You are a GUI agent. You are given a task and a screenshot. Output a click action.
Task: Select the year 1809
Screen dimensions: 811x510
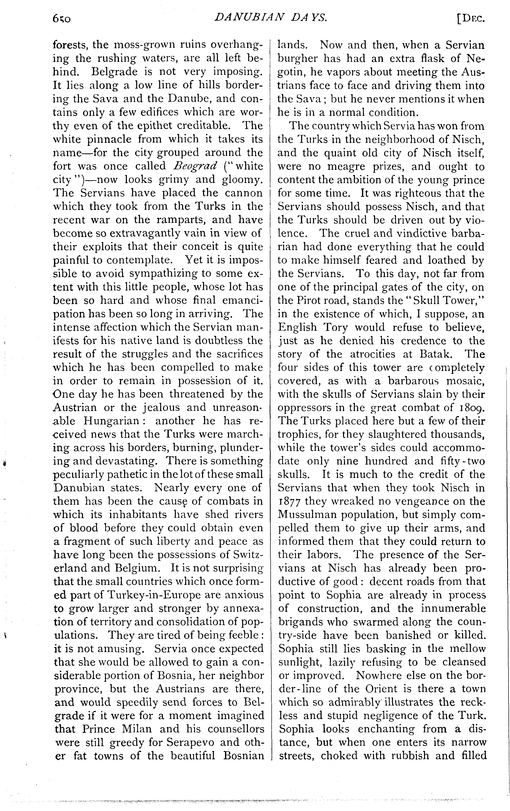coord(472,408)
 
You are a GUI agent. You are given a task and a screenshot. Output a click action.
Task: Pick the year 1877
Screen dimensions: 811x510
coord(290,501)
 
